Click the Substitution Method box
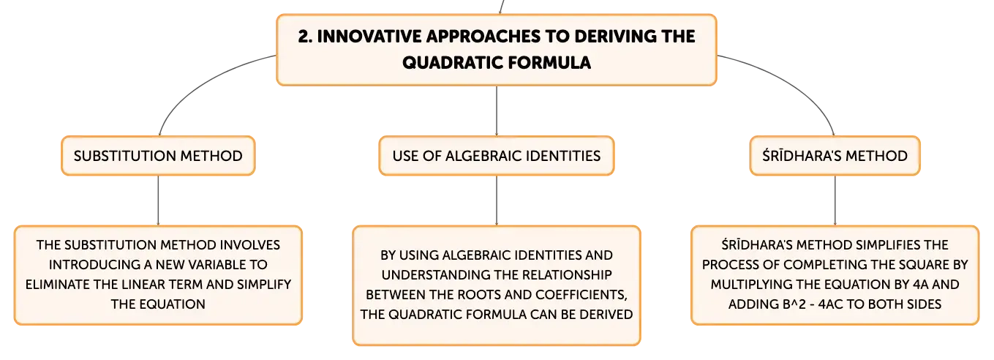tap(158, 156)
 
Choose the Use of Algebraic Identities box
tap(496, 156)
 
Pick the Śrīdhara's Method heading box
tap(835, 156)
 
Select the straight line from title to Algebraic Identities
tap(496, 110)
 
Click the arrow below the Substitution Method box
tap(158, 200)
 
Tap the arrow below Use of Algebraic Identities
tap(496, 200)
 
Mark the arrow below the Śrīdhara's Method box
tap(835, 200)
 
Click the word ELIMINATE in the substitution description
tap(58, 285)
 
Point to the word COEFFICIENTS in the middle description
tap(581, 295)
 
